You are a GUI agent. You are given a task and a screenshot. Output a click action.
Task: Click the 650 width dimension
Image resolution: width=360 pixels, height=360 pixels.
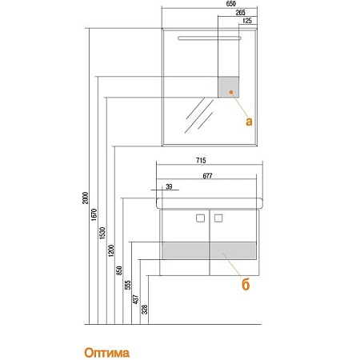pos(230,4)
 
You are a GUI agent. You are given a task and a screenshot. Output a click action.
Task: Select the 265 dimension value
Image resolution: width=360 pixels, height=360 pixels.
pos(240,13)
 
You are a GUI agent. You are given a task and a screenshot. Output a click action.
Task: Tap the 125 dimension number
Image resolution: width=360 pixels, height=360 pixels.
pos(247,21)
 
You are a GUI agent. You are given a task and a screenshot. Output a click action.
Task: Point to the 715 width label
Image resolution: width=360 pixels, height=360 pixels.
pos(201,160)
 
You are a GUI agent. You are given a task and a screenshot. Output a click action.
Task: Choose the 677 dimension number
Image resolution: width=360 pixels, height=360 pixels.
pos(207,176)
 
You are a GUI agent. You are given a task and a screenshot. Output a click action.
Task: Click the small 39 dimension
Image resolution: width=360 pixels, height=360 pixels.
pos(169,186)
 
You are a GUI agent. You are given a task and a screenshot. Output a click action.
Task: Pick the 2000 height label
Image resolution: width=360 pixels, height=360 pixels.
pos(85,198)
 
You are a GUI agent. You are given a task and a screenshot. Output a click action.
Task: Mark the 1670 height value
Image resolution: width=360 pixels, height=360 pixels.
pos(94,214)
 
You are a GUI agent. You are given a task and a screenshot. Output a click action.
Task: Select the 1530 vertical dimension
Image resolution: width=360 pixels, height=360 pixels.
pos(102,233)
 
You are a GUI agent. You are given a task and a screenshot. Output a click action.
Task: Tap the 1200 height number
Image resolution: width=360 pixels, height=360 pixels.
pos(111,250)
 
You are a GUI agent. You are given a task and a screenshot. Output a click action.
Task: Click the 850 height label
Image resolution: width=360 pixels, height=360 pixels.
pos(119,270)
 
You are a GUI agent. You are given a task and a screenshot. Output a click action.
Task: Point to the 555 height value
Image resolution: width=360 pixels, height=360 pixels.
pos(128,285)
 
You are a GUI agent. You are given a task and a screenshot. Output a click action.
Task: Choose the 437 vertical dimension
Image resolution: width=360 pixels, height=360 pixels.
pos(136,299)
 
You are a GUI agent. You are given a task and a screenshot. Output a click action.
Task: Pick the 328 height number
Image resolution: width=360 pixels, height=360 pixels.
pos(144,310)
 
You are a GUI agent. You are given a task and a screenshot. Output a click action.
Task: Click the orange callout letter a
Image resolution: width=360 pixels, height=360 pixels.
pos(249,122)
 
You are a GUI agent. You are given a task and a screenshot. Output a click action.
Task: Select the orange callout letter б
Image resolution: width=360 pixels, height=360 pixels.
pos(246,284)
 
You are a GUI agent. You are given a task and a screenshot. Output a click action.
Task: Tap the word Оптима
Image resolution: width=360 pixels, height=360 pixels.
pos(106,353)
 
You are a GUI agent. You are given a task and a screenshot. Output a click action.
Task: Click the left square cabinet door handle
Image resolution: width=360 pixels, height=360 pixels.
pos(200,218)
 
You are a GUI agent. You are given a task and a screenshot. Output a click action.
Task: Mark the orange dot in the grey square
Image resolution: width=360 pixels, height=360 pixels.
pos(231,92)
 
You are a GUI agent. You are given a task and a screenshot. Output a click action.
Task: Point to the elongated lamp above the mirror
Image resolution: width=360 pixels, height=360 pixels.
pos(210,38)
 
